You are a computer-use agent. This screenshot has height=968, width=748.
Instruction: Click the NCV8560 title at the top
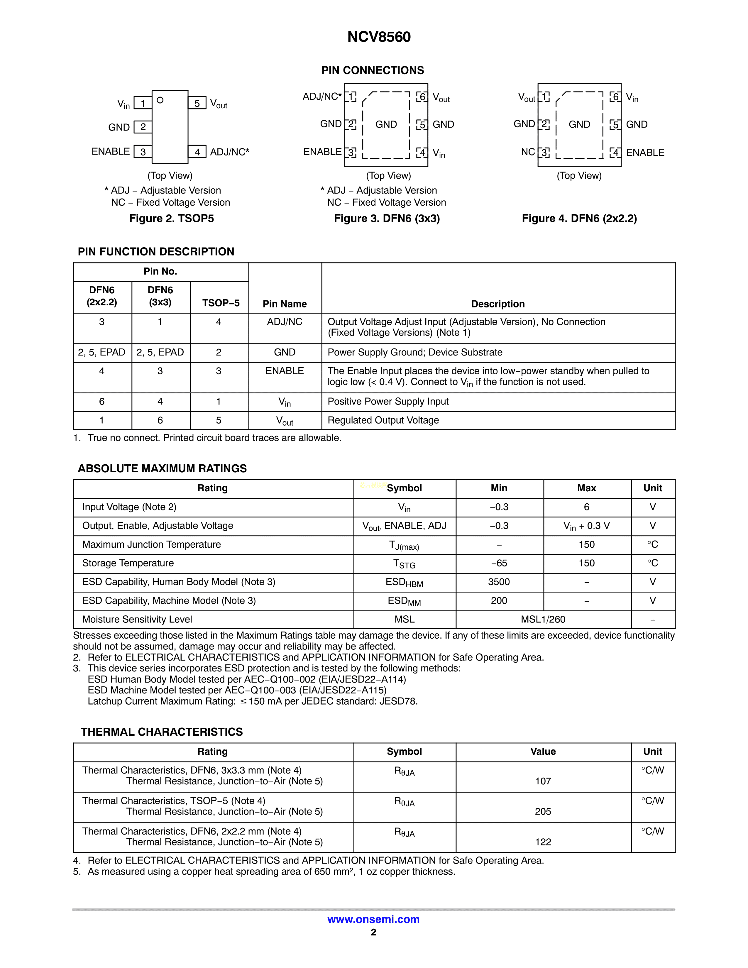[379, 37]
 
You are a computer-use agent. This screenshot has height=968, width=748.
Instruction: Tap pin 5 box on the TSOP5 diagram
[197, 103]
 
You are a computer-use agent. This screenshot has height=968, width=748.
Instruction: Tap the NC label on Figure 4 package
[528, 152]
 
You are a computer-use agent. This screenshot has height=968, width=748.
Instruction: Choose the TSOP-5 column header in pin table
[221, 303]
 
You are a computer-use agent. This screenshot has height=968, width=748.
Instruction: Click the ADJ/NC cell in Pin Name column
[285, 322]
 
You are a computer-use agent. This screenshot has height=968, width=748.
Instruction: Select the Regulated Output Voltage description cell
[383, 420]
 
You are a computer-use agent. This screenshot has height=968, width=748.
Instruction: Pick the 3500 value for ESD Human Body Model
[499, 582]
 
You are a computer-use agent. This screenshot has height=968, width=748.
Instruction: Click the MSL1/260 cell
[543, 619]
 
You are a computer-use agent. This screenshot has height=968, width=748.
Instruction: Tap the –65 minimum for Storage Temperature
[499, 563]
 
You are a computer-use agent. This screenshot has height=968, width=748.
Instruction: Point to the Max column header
[586, 488]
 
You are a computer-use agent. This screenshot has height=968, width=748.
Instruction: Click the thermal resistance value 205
[543, 812]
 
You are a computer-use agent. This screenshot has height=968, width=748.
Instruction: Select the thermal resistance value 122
[543, 842]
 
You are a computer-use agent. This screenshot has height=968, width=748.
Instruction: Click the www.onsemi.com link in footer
[373, 919]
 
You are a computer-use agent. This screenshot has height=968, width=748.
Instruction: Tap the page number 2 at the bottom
[373, 932]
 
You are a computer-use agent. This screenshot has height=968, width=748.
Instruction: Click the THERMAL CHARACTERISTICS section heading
[162, 732]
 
